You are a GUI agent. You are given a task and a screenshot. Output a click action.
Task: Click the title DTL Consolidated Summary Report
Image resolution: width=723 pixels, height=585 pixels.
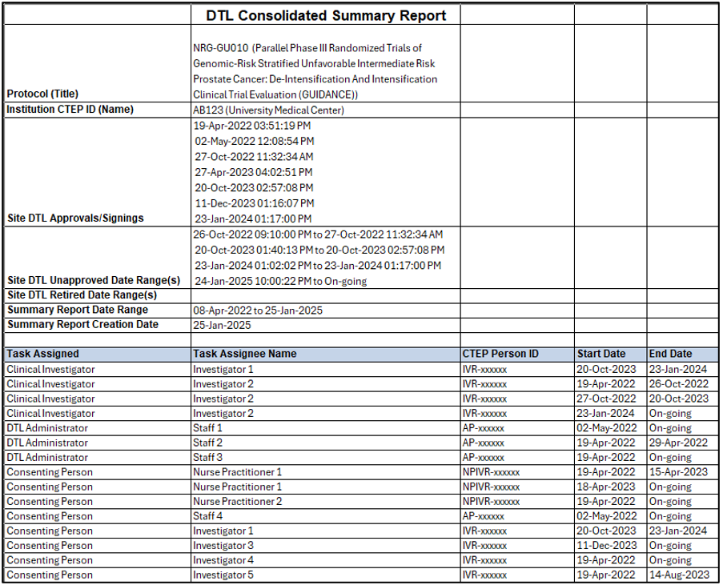326,15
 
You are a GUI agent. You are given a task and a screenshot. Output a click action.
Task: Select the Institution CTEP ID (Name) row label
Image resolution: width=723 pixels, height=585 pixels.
70,110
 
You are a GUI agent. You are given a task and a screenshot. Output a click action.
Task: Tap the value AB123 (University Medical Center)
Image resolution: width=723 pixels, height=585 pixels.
268,110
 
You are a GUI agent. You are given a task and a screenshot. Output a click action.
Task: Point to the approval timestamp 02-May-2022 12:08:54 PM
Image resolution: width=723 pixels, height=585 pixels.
254,141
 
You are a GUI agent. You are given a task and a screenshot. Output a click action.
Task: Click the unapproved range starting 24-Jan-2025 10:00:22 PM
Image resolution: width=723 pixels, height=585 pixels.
280,281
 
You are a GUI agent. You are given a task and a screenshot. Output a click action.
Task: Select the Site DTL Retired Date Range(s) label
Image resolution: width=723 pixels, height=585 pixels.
82,295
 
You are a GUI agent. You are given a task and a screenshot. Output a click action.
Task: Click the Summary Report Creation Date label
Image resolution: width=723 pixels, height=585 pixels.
82,325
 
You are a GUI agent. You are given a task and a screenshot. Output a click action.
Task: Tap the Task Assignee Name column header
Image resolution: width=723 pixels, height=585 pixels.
244,354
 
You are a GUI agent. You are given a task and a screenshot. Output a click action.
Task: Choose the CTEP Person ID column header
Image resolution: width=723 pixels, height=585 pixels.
500,354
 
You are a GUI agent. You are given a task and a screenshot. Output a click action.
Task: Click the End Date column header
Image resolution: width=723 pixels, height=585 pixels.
671,354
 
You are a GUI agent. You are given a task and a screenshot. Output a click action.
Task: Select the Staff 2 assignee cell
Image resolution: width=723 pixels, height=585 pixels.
207,443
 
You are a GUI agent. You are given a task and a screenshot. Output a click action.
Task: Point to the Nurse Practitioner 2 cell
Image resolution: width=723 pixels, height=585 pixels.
237,502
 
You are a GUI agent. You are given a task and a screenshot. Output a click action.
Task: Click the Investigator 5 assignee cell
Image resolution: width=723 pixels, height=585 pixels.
223,575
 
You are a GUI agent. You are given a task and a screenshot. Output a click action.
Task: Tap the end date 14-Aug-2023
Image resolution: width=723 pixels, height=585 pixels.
679,575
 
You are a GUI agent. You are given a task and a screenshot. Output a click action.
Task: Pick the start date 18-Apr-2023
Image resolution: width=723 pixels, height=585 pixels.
607,487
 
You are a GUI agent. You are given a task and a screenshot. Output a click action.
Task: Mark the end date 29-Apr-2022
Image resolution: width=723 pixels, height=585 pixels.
679,443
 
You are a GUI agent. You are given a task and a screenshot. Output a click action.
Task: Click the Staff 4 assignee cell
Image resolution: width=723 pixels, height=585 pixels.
207,516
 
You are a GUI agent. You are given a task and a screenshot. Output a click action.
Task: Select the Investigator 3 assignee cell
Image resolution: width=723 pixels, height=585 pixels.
223,546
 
